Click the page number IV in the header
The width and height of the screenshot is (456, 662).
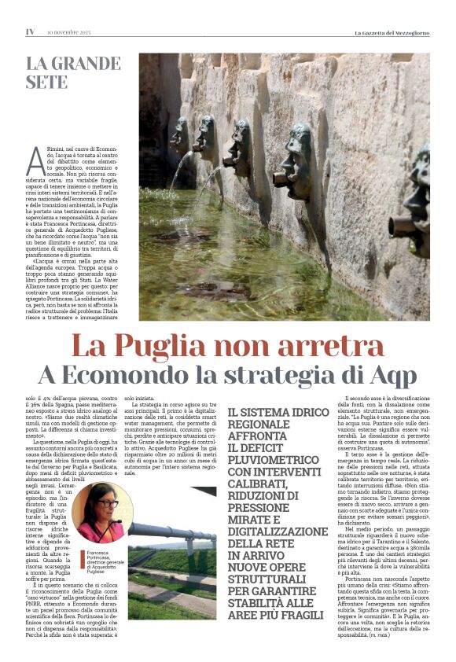click(x=31, y=32)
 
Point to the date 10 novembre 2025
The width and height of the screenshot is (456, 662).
click(x=69, y=32)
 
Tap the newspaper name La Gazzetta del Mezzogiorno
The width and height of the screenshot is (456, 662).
click(x=391, y=32)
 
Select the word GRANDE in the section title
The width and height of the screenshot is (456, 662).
click(x=87, y=63)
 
